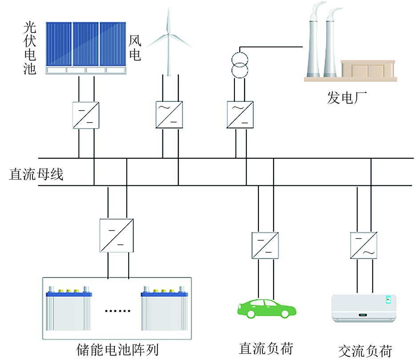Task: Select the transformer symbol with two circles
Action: point(240,64)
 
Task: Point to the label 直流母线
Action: point(36,173)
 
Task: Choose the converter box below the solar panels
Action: point(86,116)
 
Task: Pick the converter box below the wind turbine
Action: point(169,115)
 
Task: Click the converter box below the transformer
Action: point(240,115)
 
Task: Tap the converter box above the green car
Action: point(265,245)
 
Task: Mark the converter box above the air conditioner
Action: point(363,245)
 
